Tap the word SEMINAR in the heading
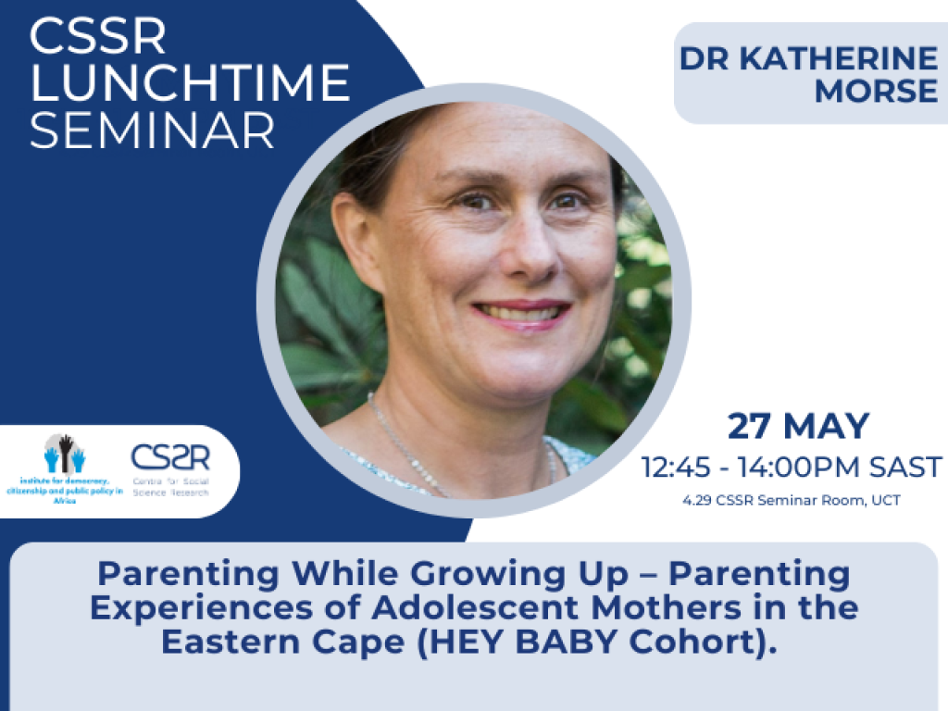click(x=153, y=130)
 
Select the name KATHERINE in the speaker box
click(x=839, y=58)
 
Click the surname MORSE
click(x=876, y=91)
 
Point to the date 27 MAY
click(x=798, y=426)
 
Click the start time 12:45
click(x=676, y=468)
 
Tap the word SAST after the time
click(x=905, y=468)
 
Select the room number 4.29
click(x=697, y=501)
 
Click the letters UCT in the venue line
click(x=886, y=501)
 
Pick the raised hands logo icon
click(x=65, y=454)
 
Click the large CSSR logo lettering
click(x=170, y=457)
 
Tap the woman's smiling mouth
click(x=521, y=314)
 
